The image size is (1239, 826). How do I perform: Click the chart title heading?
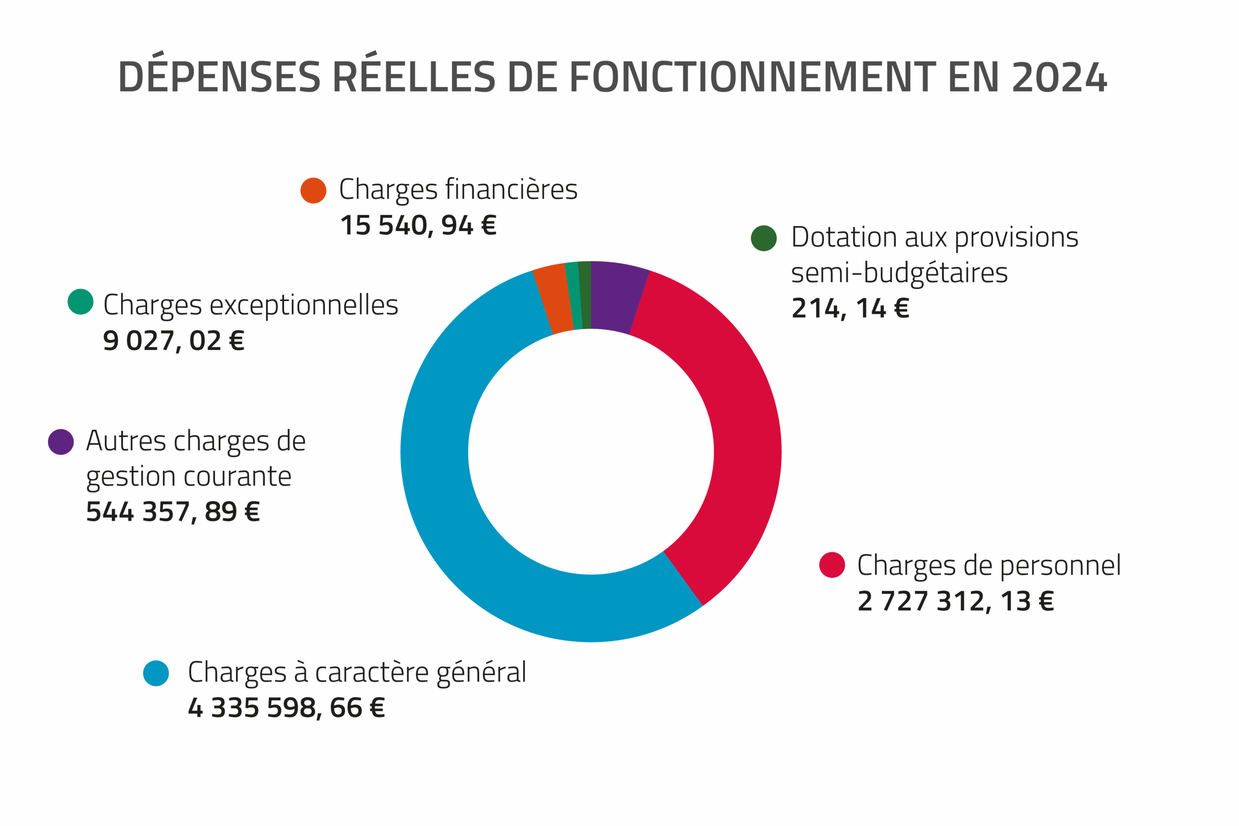coord(613,77)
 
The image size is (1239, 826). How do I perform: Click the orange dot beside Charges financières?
coord(314,190)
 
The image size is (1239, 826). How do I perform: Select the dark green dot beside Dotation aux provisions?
coord(763,238)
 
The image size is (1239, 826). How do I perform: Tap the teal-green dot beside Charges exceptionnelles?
coord(81,302)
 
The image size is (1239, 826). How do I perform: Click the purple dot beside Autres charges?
coord(60,442)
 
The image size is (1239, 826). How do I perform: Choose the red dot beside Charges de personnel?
coord(832,565)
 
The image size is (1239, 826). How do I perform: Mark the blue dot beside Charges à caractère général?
coord(156,673)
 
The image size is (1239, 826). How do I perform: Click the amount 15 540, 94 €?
coord(418,225)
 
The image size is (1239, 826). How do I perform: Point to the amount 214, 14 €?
coord(850,308)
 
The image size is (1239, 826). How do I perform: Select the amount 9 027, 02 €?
coord(174,341)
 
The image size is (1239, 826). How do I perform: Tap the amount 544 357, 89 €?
coord(173,511)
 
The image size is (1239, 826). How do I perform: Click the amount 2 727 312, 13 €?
coord(955,601)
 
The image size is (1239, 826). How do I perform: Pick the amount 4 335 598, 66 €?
coord(286,708)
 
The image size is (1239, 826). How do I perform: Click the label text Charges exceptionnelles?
coord(251,305)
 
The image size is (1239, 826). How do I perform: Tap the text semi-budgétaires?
coord(899,273)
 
